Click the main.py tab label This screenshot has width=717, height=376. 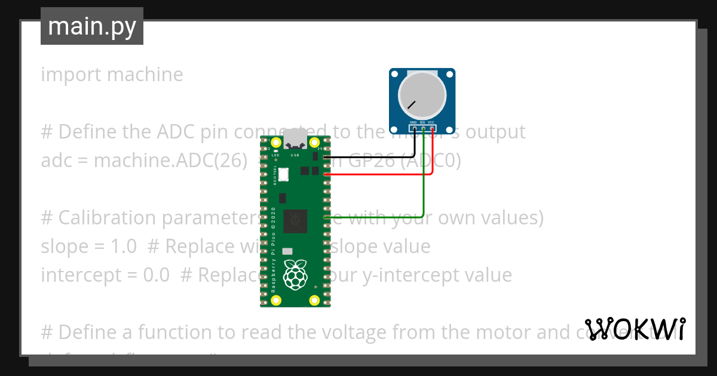point(91,26)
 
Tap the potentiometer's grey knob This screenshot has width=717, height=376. point(422,95)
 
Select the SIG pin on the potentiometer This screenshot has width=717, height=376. point(423,128)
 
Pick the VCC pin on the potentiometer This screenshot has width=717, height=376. point(431,128)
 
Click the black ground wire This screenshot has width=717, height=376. point(370,157)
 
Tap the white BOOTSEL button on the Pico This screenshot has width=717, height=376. point(283,175)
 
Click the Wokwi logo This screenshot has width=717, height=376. point(635,329)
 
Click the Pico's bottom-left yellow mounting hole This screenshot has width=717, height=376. point(275,300)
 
